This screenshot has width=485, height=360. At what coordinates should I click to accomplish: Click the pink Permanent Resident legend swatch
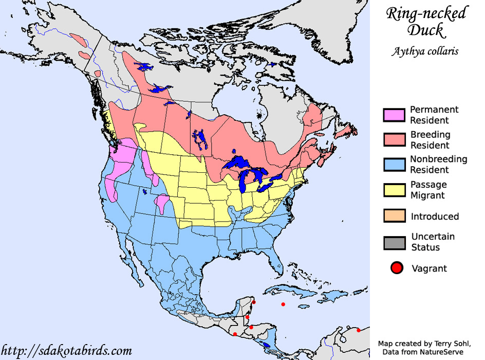(395, 115)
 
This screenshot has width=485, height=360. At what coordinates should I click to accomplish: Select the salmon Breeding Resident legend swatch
(395, 140)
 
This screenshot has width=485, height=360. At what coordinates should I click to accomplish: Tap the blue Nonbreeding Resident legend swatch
(395, 165)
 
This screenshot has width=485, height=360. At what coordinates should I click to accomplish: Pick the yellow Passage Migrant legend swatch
(395, 190)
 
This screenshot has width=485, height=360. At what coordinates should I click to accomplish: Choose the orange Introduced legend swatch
(395, 216)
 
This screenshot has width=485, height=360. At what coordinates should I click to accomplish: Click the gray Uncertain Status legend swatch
(395, 242)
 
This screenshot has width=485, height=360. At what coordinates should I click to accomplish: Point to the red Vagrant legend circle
(396, 268)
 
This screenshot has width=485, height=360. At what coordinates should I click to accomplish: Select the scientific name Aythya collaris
(426, 51)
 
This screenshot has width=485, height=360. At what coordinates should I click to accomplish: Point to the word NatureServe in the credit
(442, 352)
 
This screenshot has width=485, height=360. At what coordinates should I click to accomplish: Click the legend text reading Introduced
(435, 217)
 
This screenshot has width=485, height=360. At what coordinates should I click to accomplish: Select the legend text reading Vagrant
(430, 268)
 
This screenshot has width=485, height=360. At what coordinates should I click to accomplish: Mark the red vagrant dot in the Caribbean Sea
(283, 304)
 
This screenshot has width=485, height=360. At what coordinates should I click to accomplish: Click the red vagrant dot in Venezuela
(359, 330)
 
